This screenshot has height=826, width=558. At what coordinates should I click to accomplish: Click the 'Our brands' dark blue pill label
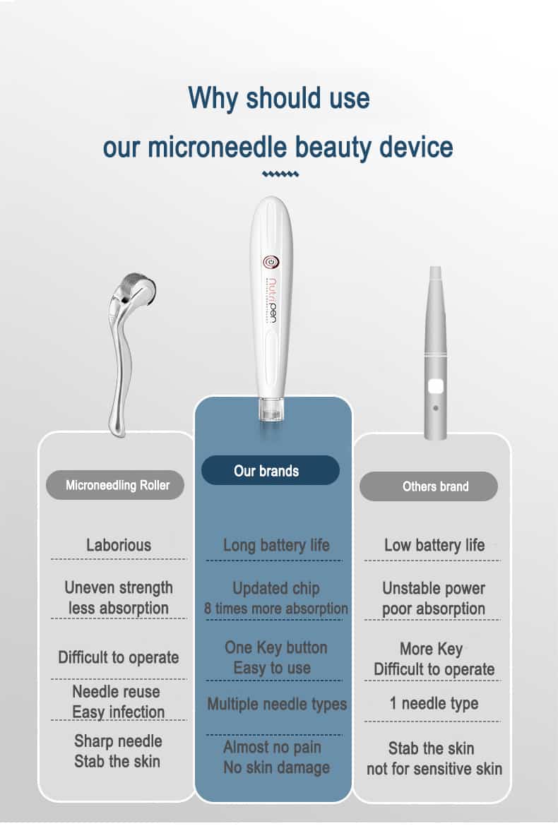pyautogui.click(x=271, y=470)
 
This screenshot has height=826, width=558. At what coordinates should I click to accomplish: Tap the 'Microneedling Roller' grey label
pyautogui.click(x=115, y=485)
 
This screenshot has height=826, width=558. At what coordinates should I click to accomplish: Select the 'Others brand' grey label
pyautogui.click(x=428, y=486)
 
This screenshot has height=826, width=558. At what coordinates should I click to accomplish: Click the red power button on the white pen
pyautogui.click(x=271, y=262)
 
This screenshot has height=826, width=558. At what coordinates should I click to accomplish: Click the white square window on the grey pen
pyautogui.click(x=435, y=387)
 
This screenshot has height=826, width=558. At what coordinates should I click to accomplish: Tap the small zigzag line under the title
pyautogui.click(x=280, y=174)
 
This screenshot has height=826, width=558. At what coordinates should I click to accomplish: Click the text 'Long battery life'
pyautogui.click(x=276, y=545)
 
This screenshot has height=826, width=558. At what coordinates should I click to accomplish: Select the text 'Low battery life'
pyautogui.click(x=434, y=545)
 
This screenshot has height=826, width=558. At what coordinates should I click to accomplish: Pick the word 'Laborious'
pyautogui.click(x=119, y=545)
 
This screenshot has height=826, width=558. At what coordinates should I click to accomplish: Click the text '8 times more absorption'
pyautogui.click(x=276, y=609)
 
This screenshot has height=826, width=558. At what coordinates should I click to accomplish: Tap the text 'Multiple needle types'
pyautogui.click(x=277, y=705)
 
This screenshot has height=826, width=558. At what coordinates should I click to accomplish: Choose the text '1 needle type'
pyautogui.click(x=434, y=703)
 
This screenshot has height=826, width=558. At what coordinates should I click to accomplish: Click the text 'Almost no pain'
pyautogui.click(x=272, y=747)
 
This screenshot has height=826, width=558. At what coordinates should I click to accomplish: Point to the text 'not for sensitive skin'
pyautogui.click(x=434, y=769)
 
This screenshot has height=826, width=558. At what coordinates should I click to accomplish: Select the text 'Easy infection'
pyautogui.click(x=118, y=712)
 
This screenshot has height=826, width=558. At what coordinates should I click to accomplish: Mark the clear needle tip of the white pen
pyautogui.click(x=271, y=409)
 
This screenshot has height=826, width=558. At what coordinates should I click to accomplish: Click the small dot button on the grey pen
pyautogui.click(x=435, y=408)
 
